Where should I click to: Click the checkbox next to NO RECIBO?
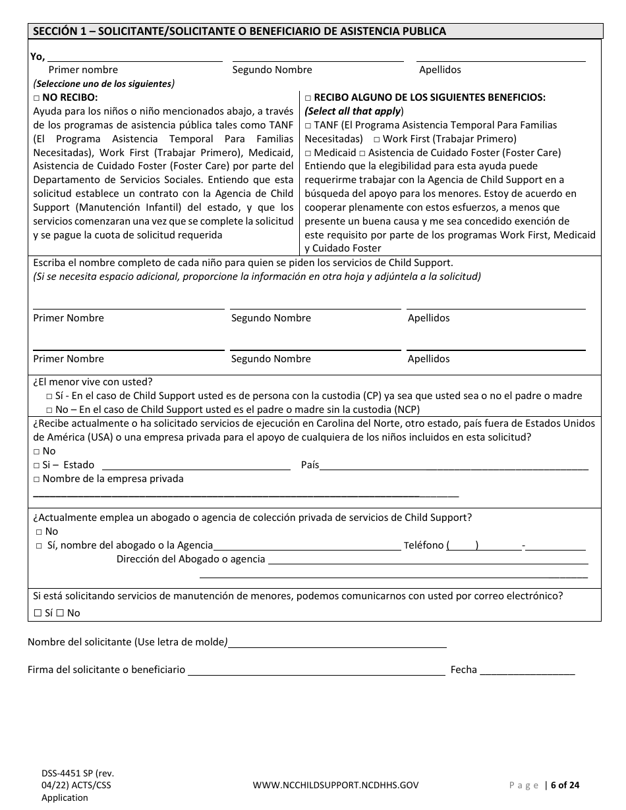coord(37,97)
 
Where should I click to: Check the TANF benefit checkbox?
coord(308,125)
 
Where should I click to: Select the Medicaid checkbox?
coord(308,153)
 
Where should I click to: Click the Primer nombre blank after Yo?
coord(135,58)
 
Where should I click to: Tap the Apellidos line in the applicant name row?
coord(501,58)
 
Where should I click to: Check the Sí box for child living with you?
coord(49,396)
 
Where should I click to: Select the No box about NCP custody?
coord(49,410)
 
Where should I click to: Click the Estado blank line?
coord(196,465)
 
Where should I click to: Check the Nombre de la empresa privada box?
coord(37,479)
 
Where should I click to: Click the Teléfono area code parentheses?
coord(463,545)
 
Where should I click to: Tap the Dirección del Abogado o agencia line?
coord(428,560)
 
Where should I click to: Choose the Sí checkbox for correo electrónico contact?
coord(38,613)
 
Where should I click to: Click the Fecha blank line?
coord(527,670)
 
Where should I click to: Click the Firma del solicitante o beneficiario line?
coord(316,670)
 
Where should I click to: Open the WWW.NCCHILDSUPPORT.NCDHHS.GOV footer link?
coord(335,785)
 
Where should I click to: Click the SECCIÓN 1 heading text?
coord(239,31)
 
